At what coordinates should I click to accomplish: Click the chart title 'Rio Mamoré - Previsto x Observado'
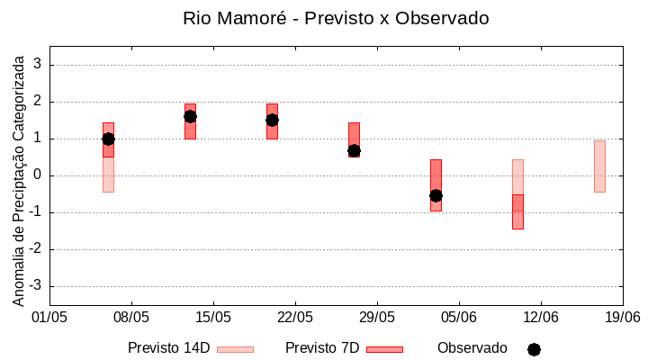point(336,18)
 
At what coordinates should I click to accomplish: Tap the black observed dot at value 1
point(108,139)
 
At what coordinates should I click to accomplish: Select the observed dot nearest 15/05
point(190,116)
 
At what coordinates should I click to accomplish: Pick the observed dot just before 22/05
point(272,120)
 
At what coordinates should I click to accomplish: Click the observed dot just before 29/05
point(354,150)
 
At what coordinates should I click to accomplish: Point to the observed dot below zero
point(436,195)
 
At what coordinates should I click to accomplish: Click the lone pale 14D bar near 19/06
point(599,166)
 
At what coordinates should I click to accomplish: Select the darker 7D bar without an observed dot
point(517,212)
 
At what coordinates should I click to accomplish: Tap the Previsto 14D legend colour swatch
point(235,349)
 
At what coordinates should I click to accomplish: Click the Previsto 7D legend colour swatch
point(384,349)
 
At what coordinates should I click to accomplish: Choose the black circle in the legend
point(534,349)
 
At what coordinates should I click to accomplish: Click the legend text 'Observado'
point(472,347)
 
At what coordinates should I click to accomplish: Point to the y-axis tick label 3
point(38,65)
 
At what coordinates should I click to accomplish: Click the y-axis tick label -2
point(36,249)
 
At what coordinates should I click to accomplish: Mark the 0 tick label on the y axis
point(38,175)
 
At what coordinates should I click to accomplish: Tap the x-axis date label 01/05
point(49,317)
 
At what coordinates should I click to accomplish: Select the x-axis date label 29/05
point(377,317)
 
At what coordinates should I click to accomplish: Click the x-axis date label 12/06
point(540,317)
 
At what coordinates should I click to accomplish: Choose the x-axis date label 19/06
point(621,317)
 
